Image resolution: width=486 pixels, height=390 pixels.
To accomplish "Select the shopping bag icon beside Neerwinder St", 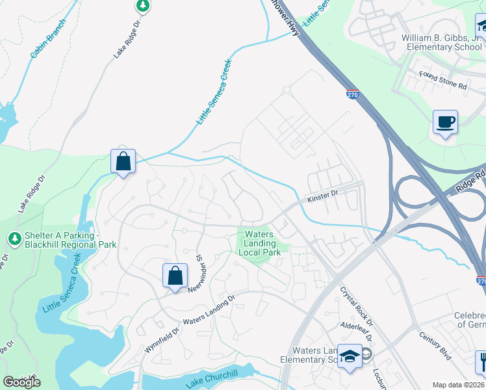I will pos(175,276).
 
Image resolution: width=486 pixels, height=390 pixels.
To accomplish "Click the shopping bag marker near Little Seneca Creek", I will pos(123,161).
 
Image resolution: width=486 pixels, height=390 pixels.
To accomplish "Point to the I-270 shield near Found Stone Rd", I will pos(352,95).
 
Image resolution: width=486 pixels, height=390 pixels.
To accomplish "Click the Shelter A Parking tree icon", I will pos(14,239).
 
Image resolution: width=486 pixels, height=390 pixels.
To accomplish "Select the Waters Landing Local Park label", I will pos(259,243).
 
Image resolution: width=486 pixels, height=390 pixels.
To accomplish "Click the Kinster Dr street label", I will pos(323,194).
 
